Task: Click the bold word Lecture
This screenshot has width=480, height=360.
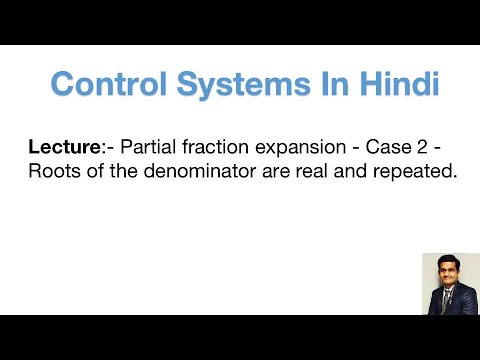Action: (x=61, y=147)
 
